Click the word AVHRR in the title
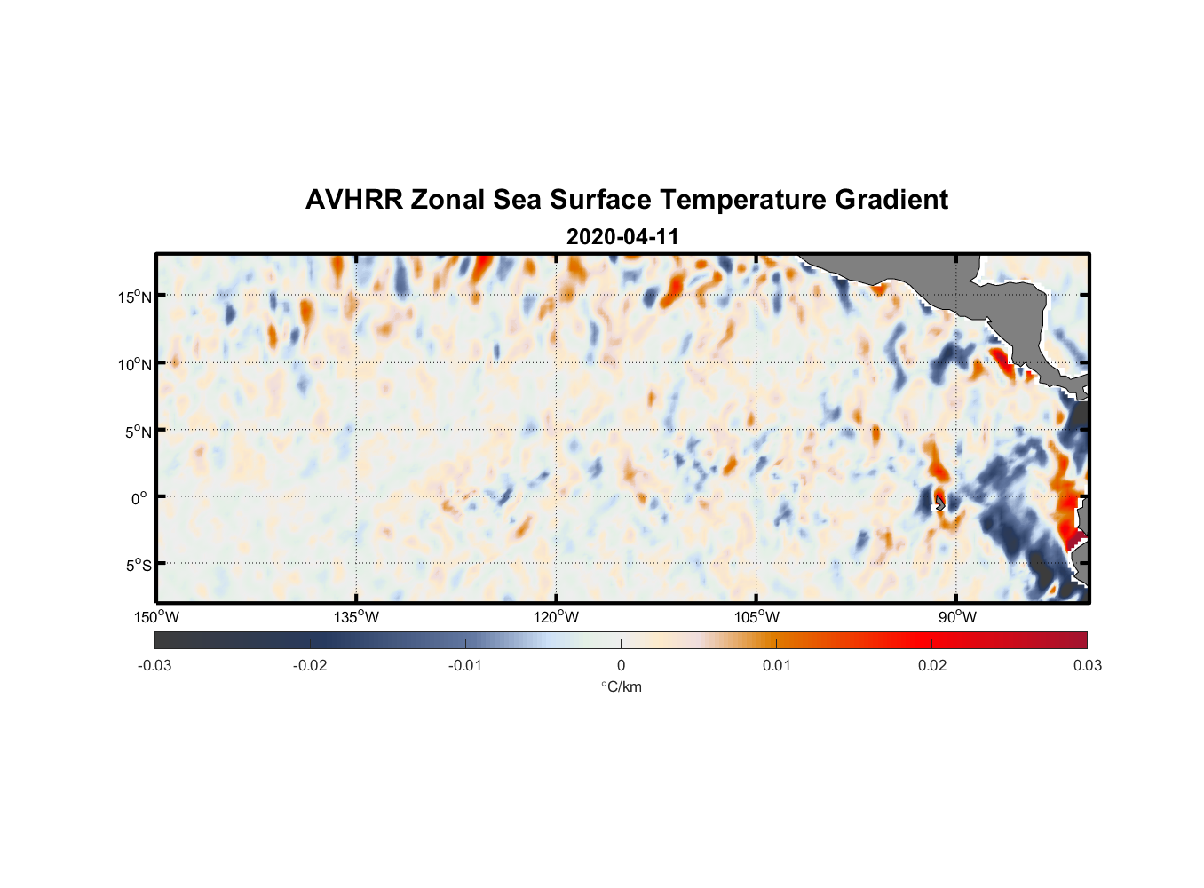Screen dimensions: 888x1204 point(353,200)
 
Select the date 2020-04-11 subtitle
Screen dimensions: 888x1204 point(622,237)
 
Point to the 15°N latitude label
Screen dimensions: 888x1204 point(135,297)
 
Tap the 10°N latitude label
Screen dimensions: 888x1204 point(135,364)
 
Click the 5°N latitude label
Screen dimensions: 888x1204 point(138,432)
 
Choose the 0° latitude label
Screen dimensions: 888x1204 point(139,498)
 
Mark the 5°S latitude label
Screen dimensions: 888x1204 point(138,566)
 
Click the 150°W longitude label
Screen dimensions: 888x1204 point(157,617)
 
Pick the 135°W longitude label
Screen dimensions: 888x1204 point(357,617)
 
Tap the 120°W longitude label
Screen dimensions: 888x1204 point(557,617)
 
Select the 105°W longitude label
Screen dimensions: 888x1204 point(756,617)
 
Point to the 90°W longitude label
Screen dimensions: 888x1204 point(957,617)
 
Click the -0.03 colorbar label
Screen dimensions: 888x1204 point(154,665)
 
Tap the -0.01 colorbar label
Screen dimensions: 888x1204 point(465,665)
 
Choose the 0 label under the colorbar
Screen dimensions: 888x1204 point(621,665)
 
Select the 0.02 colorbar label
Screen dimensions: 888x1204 point(932,665)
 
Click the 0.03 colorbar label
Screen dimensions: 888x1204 point(1087,665)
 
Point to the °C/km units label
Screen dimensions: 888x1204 point(622,686)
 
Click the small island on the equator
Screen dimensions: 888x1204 point(940,503)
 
